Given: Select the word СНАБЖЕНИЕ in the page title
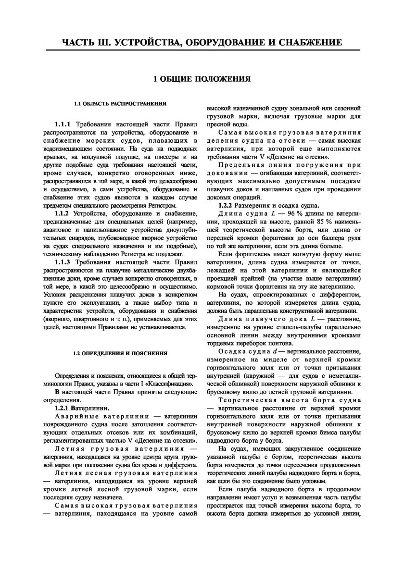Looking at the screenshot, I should [305, 42].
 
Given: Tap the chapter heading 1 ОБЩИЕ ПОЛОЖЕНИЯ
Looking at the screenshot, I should [202, 78].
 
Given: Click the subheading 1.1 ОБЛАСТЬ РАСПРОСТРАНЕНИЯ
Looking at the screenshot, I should [120, 103].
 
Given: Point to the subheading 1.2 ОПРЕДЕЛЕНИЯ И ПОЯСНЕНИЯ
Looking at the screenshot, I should [120, 353].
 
